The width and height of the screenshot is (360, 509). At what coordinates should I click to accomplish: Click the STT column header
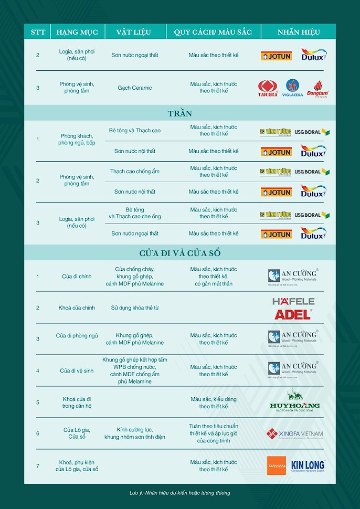[x=38, y=32]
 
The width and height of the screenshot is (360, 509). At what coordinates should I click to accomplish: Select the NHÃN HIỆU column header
[x=299, y=32]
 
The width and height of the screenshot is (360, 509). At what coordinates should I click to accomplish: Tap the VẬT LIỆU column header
[x=135, y=32]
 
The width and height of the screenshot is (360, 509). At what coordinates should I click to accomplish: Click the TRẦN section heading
[x=179, y=113]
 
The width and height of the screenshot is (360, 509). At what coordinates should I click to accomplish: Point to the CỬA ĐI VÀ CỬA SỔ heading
[x=179, y=253]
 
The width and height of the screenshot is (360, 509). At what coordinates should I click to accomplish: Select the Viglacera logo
[x=293, y=88]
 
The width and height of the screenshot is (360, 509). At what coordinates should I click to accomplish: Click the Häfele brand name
[x=293, y=302]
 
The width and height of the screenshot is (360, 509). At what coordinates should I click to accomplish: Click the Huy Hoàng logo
[x=294, y=401]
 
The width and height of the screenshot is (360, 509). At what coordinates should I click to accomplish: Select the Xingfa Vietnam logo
[x=294, y=434]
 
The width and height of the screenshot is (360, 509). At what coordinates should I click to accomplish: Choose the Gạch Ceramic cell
[x=135, y=88]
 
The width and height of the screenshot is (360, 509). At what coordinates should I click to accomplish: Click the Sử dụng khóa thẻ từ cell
[x=135, y=307]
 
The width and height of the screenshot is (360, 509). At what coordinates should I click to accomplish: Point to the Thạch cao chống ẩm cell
[x=135, y=172]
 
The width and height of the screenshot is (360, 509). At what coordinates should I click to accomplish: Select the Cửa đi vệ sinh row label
[x=77, y=370]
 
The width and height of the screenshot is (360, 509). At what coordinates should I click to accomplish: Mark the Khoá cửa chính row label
[x=77, y=307]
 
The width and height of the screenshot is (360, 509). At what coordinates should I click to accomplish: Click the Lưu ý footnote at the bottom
[x=179, y=493]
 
